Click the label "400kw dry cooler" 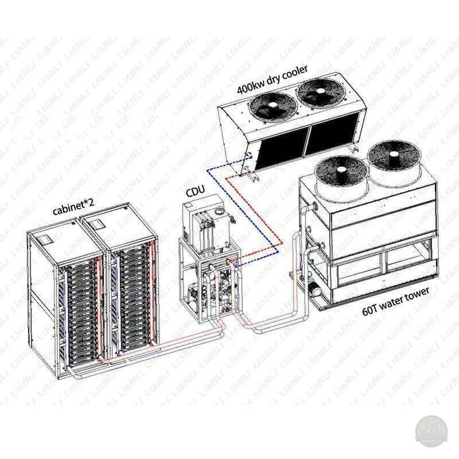click(272, 76)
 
